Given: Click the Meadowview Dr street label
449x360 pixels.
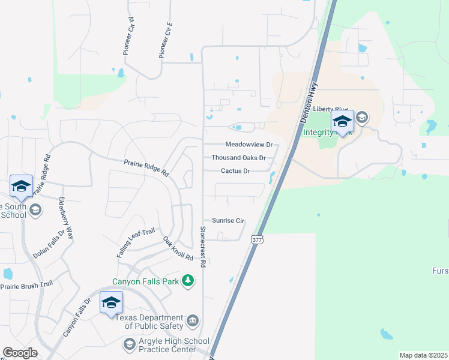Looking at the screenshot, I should [249, 145].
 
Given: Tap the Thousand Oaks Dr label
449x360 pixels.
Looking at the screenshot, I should [238, 158].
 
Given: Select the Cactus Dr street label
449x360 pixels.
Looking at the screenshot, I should [235, 170].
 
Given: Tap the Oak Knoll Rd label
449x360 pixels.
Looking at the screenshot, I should [178, 248].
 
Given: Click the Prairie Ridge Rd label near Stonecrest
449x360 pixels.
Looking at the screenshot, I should [146, 166].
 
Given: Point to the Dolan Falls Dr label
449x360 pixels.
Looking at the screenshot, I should [49, 244].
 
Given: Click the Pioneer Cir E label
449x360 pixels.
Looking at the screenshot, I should [166, 40].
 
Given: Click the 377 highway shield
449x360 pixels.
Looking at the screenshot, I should [258, 238].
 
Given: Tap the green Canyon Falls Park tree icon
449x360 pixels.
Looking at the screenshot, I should [188, 280].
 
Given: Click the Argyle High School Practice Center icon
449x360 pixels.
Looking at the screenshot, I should [128, 344].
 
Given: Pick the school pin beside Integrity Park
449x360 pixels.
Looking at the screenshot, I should [342, 122].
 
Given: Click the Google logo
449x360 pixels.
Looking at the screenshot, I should [20, 353].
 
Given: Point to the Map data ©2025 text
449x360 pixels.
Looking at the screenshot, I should [423, 355].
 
